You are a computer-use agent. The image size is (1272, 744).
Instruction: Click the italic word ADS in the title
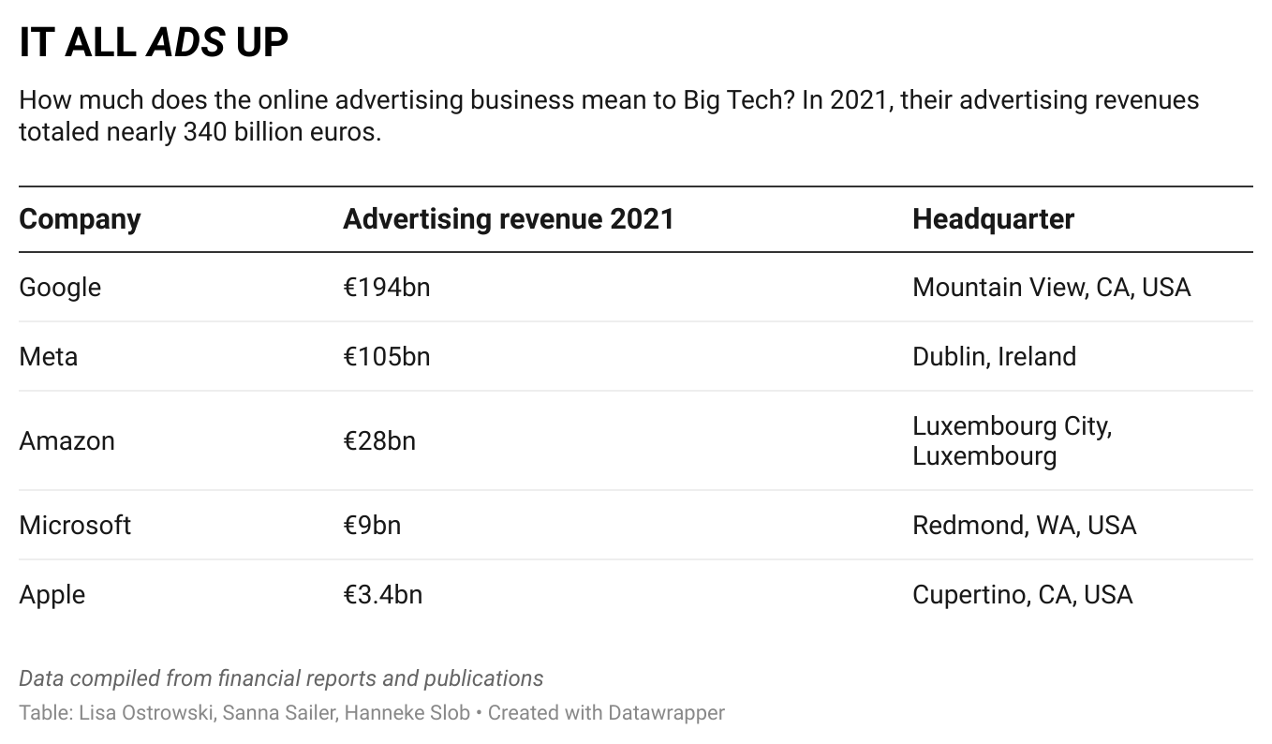186,43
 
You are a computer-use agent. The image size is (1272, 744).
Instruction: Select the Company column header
80,219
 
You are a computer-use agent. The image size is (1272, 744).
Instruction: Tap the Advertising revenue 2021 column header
508,219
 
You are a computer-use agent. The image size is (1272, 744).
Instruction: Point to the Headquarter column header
993,219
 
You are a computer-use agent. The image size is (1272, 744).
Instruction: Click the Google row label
60,288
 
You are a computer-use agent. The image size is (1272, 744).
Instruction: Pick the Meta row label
48,357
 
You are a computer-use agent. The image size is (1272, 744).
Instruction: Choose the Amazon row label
67,440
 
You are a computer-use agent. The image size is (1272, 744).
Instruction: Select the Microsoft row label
75,525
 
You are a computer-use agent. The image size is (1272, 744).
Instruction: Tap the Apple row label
52,595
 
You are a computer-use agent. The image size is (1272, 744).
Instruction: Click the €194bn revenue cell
386,288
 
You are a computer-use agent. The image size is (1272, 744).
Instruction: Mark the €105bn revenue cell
386,357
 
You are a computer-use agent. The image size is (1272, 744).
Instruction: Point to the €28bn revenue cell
378,440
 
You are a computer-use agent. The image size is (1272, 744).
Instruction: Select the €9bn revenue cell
371,525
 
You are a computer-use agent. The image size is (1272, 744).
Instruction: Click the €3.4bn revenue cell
382,595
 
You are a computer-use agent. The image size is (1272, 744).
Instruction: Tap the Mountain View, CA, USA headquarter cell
1051,288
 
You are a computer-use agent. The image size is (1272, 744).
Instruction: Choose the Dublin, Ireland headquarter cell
994,357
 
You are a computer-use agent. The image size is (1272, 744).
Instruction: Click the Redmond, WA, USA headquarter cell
1024,525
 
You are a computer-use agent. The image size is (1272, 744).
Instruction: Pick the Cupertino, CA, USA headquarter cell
1022,595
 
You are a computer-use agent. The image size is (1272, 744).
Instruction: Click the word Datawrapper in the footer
666,713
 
